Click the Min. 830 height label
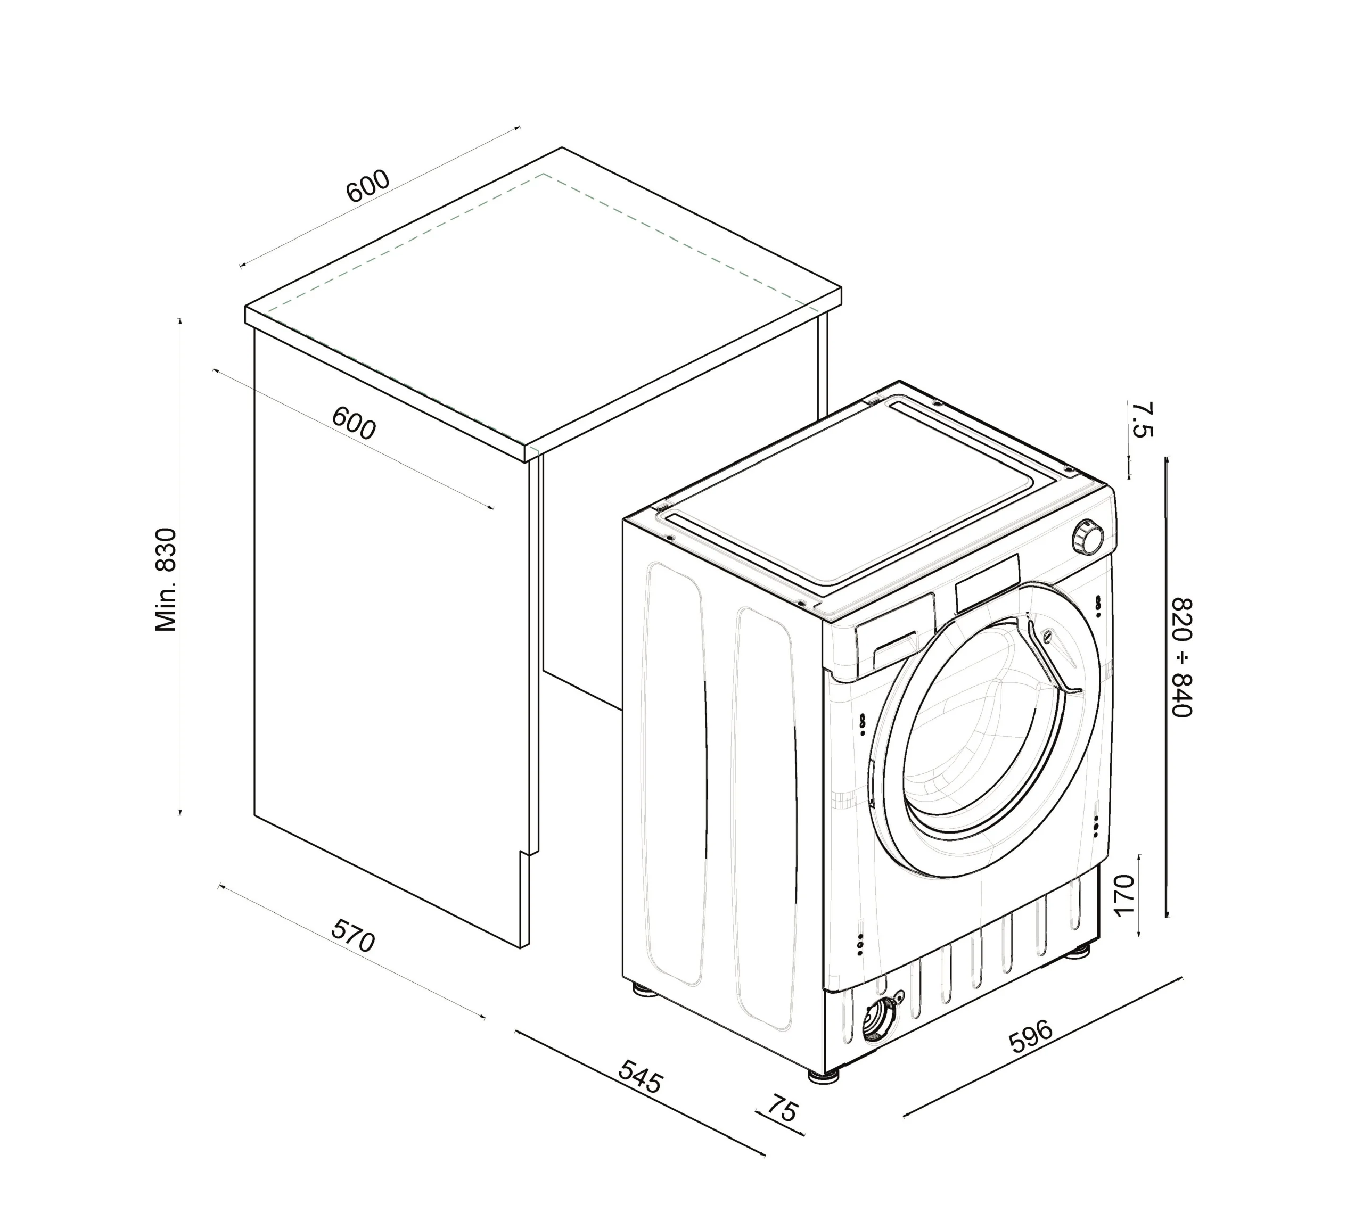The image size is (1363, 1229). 166,580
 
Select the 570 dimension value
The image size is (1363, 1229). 352,936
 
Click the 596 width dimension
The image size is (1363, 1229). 1030,1036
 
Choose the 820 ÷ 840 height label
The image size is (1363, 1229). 1182,657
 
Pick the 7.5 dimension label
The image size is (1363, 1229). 1142,419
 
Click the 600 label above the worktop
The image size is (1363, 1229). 367,186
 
